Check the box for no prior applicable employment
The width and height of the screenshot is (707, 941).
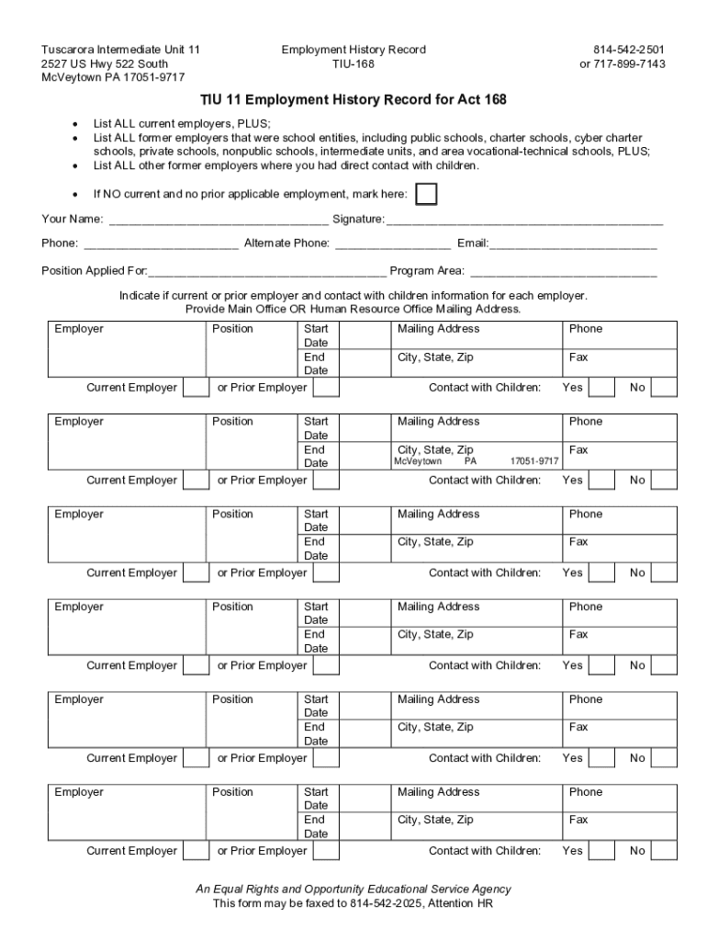[426, 195]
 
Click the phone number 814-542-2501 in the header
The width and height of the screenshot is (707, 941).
[629, 50]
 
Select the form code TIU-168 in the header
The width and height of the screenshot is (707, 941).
[353, 63]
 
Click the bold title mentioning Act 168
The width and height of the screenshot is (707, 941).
[353, 99]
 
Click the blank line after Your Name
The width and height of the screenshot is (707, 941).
[218, 221]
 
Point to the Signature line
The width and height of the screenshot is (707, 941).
[524, 221]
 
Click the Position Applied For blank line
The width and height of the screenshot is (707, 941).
[267, 272]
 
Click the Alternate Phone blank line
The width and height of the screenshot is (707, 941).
[393, 244]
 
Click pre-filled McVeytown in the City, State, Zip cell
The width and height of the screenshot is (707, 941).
[418, 462]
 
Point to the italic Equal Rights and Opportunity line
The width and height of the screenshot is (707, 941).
[353, 890]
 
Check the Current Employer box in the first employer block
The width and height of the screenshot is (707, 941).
[196, 388]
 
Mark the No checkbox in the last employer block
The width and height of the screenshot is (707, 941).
[664, 851]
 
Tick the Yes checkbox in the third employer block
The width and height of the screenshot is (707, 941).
[601, 573]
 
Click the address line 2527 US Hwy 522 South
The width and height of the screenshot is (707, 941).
[105, 63]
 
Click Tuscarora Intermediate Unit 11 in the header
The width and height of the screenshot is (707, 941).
[120, 50]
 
